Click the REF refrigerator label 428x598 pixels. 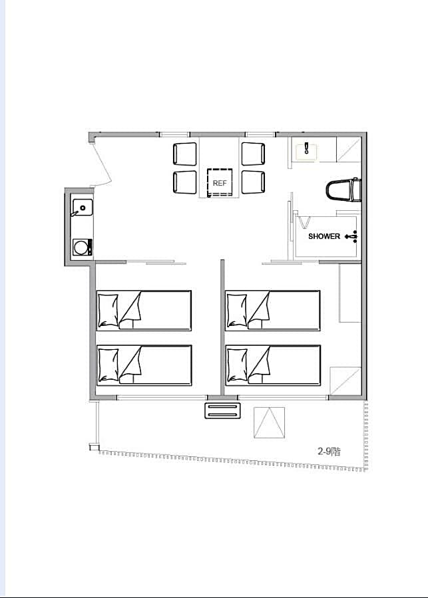(x=220, y=183)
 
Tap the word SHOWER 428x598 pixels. (x=323, y=236)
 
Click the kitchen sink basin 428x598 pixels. (x=83, y=208)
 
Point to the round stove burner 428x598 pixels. (x=81, y=247)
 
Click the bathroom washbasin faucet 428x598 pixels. (x=307, y=148)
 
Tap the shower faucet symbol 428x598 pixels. (x=351, y=237)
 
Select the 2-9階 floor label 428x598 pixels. (x=329, y=452)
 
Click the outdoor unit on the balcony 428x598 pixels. (x=222, y=410)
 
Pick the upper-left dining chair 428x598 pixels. (x=185, y=154)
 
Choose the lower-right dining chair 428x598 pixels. (x=253, y=182)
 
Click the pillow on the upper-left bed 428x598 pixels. (x=108, y=311)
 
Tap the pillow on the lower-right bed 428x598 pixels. (x=237, y=365)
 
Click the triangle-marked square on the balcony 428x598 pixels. (x=269, y=422)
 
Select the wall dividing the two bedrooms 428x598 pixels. (x=222, y=327)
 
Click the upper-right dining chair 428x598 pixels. (x=253, y=154)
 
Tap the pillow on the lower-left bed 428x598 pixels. (x=108, y=365)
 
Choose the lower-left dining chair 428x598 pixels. (x=185, y=182)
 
